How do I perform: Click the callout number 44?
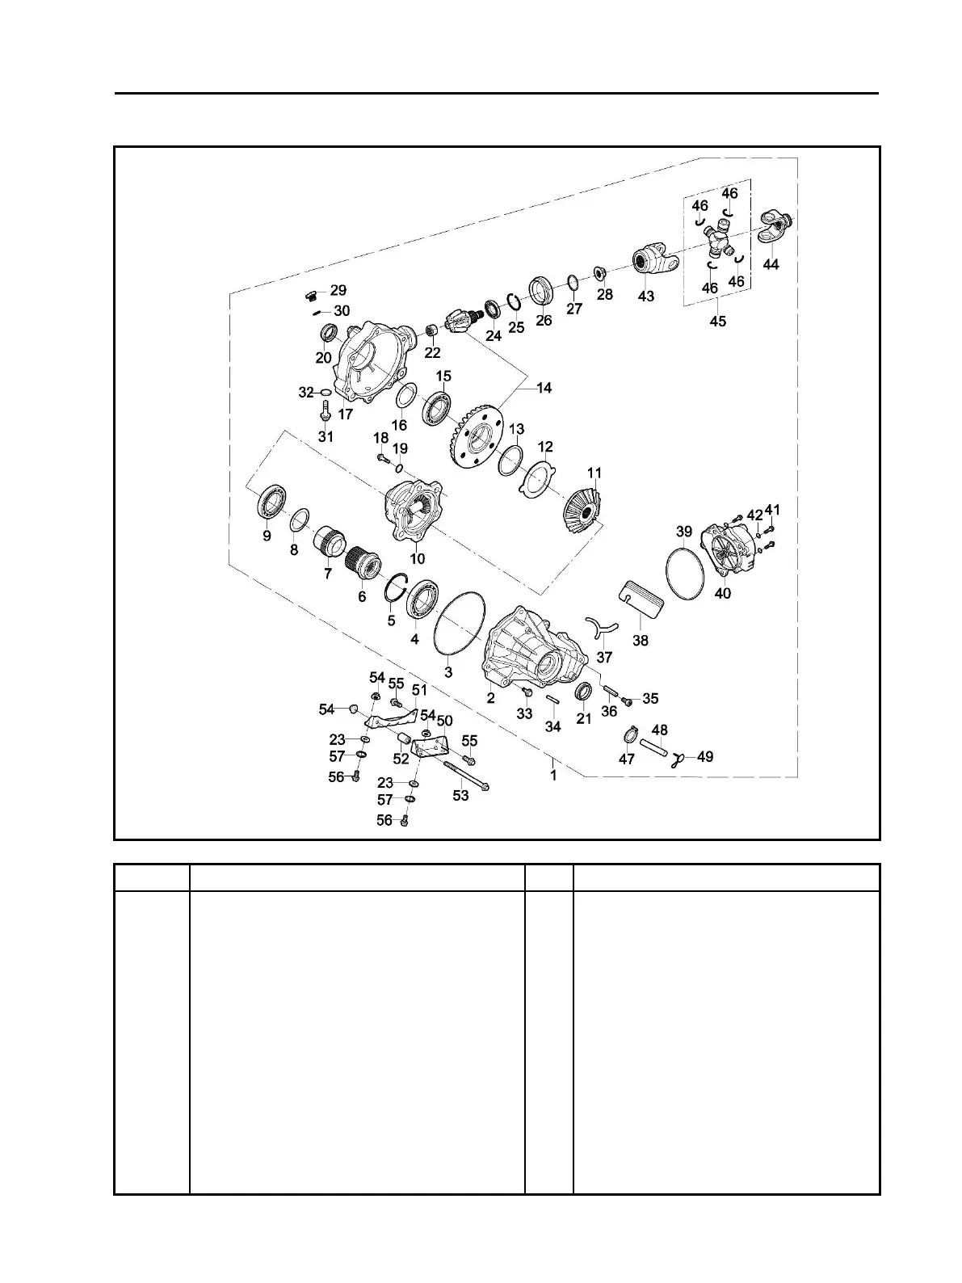point(771,264)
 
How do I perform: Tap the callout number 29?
point(338,290)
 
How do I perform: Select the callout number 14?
point(544,388)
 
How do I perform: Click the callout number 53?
point(460,796)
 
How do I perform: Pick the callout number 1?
point(553,775)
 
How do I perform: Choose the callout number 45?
point(717,321)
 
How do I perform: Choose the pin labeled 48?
point(655,747)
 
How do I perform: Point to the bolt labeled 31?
point(325,416)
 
